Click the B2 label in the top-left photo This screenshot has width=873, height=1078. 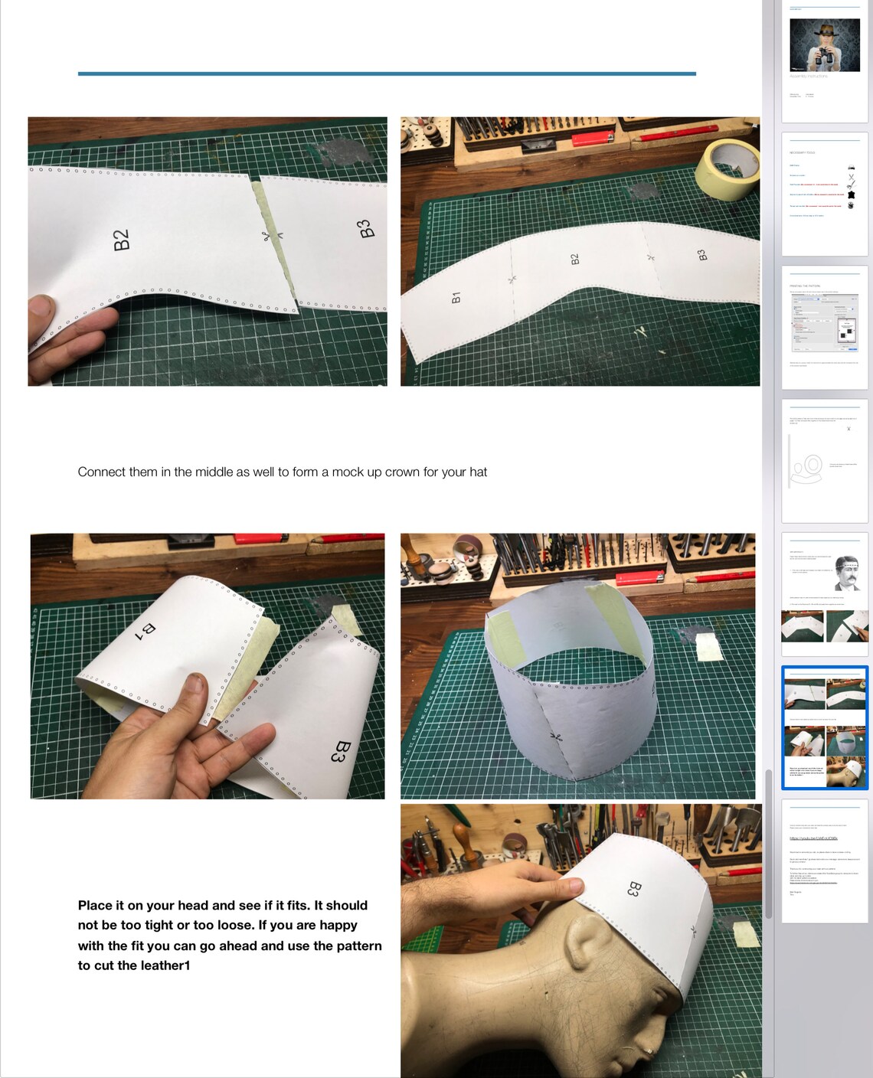pyautogui.click(x=122, y=240)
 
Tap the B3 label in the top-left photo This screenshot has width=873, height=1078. pyautogui.click(x=365, y=228)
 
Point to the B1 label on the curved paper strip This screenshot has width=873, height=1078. pyautogui.click(x=456, y=297)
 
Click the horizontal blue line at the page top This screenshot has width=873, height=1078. pyautogui.click(x=387, y=73)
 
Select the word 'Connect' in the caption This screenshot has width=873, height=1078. pyautogui.click(x=101, y=472)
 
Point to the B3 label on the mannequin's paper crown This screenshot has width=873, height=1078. pyautogui.click(x=633, y=888)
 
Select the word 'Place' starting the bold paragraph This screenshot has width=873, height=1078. pyautogui.click(x=94, y=905)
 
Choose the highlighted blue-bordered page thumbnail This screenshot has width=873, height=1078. pyautogui.click(x=825, y=727)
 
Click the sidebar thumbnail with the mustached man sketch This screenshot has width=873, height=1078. pyautogui.click(x=825, y=594)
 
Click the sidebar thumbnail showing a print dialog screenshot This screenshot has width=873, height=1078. pyautogui.click(x=825, y=327)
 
